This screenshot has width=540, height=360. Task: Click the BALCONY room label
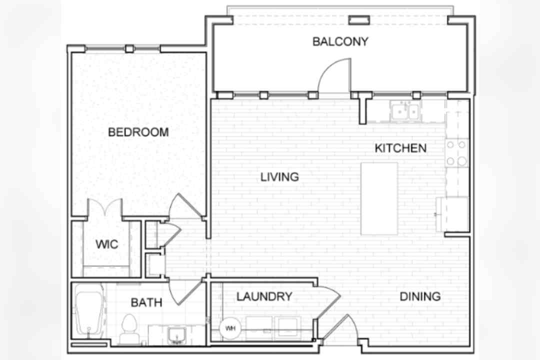pos(340,41)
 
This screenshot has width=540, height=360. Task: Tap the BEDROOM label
pos(138,132)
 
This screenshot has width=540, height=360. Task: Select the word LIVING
pos(279,177)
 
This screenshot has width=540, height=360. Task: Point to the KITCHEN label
pos(400,148)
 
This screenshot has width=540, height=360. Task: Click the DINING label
pos(420,296)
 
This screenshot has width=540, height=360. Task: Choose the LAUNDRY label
pos(264,296)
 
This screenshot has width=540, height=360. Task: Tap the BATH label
pos(146,302)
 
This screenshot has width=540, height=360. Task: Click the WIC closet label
pos(107,244)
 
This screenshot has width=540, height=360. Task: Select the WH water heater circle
pos(230,328)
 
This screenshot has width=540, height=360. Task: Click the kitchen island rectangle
pos(379,199)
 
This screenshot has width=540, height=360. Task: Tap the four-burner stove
pos(457,152)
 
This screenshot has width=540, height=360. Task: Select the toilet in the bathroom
pos(129,328)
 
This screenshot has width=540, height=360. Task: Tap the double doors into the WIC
pos(105,207)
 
